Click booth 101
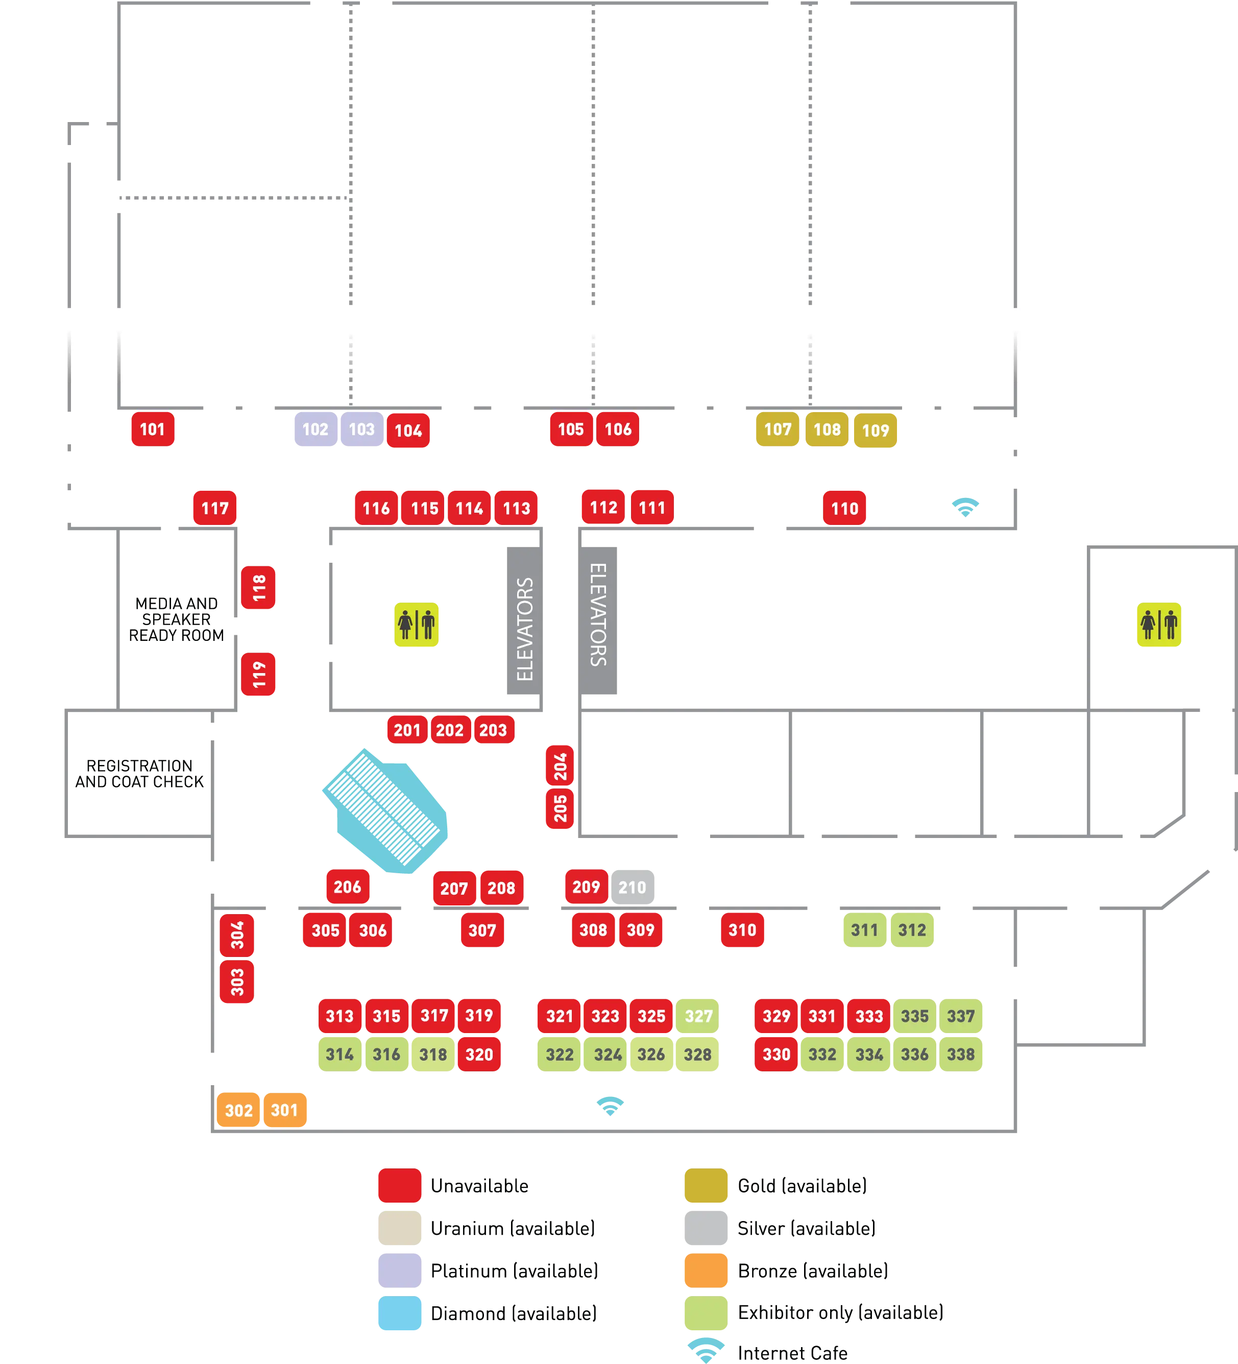(x=152, y=429)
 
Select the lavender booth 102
(x=315, y=429)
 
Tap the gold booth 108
(x=827, y=429)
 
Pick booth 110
(x=844, y=508)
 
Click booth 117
(x=214, y=508)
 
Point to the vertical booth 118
(x=258, y=587)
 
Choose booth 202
(x=450, y=730)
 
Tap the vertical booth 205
(x=560, y=808)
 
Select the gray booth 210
(x=633, y=887)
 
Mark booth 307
(x=482, y=930)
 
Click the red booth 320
(x=479, y=1054)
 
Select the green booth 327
(x=698, y=1016)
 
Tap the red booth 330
(x=776, y=1054)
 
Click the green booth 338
(x=961, y=1054)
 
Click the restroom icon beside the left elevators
(x=416, y=625)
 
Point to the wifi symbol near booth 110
(x=965, y=507)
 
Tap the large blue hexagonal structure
(x=385, y=810)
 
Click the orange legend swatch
(x=706, y=1270)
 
